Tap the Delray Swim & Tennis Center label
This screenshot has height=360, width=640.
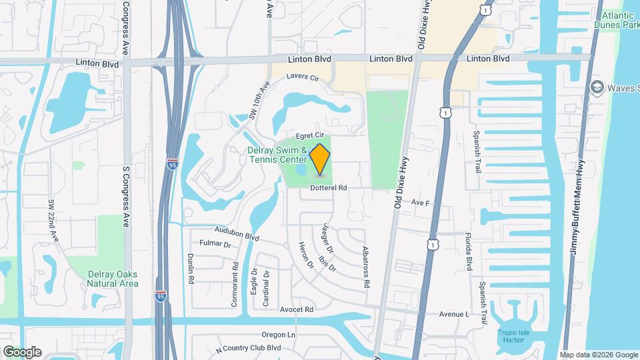pos(277,155)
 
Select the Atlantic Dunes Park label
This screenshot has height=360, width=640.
pos(619,20)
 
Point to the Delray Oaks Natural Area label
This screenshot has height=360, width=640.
pos(112,279)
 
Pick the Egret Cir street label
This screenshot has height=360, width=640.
pos(310,134)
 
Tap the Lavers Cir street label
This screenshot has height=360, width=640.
pos(303,77)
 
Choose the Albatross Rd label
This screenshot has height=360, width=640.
pos(366,267)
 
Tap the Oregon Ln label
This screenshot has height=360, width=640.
pos(278,335)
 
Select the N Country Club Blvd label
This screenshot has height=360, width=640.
pos(249,349)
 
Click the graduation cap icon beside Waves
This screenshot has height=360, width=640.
pos(597,87)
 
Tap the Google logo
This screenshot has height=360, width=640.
pos(22,351)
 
